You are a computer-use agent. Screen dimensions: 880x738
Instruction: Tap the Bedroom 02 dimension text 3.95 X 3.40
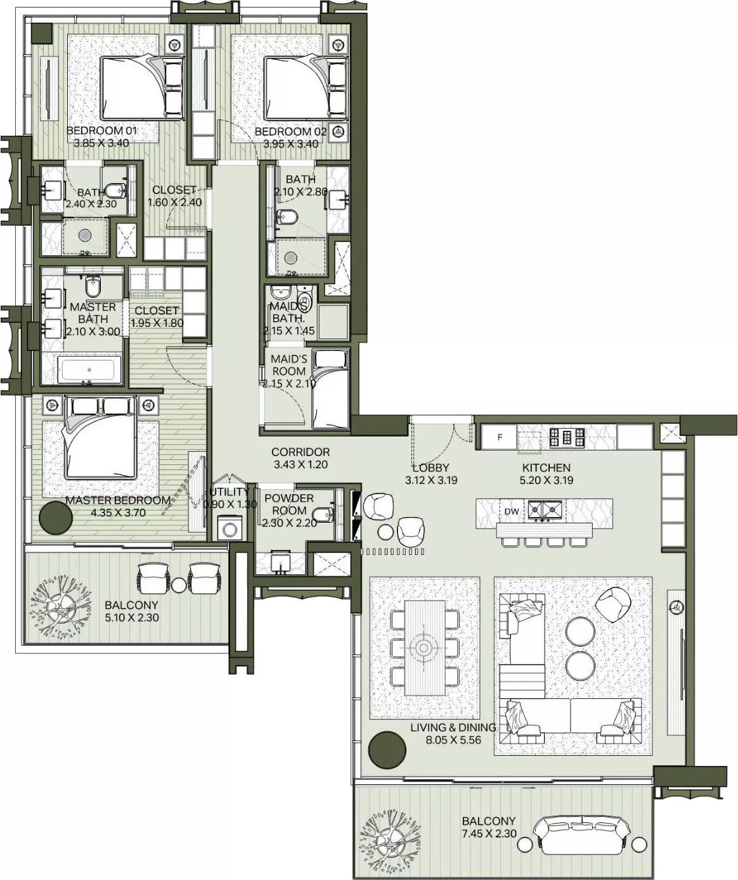click(290, 143)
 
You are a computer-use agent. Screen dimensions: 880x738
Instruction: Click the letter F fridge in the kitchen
click(500, 437)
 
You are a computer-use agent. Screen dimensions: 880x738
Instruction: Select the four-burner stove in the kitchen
click(562, 437)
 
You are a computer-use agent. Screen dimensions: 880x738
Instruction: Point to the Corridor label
click(301, 452)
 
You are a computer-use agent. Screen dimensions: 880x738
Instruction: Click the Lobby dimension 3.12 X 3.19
click(431, 480)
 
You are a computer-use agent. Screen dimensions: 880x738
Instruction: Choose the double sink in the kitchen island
click(545, 509)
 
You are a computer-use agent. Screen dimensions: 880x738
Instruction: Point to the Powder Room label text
click(285, 504)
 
